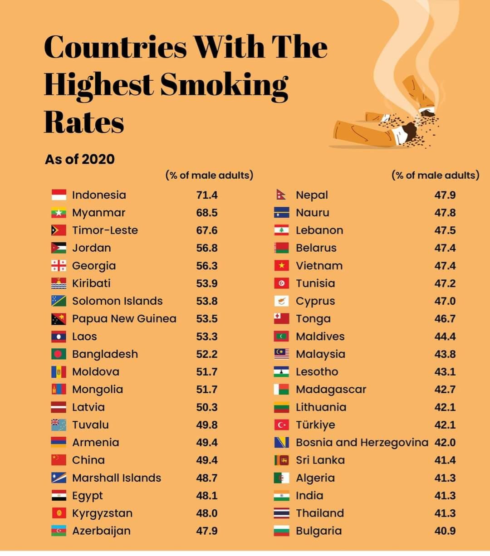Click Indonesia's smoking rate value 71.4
pyautogui.click(x=207, y=195)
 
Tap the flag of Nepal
pyautogui.click(x=281, y=195)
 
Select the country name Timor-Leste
pyautogui.click(x=105, y=230)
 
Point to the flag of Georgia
pyautogui.click(x=59, y=266)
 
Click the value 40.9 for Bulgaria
pyautogui.click(x=445, y=531)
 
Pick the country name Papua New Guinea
pyautogui.click(x=124, y=319)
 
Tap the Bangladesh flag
pyautogui.click(x=59, y=354)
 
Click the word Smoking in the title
pyautogui.click(x=224, y=84)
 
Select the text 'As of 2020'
pyautogui.click(x=79, y=159)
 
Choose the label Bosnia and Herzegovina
pyautogui.click(x=362, y=442)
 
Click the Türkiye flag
pyautogui.click(x=281, y=425)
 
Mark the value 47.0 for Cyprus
pyautogui.click(x=445, y=301)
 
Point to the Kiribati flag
pyautogui.click(x=59, y=283)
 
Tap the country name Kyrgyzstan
pyautogui.click(x=102, y=513)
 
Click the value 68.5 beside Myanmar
pyautogui.click(x=207, y=213)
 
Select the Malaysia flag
pyautogui.click(x=281, y=354)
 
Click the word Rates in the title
pyautogui.click(x=84, y=122)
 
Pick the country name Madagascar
pyautogui.click(x=331, y=390)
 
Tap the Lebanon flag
pyautogui.click(x=281, y=230)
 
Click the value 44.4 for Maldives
pyautogui.click(x=445, y=337)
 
